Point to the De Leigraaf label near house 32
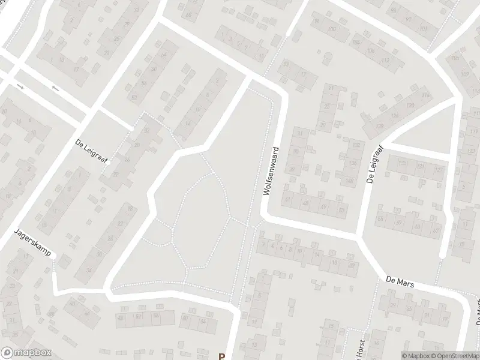point(87,144)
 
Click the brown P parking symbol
point(221,356)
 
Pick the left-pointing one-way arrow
point(56,89)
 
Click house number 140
point(349,180)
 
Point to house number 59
point(342,209)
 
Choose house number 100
point(331,29)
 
